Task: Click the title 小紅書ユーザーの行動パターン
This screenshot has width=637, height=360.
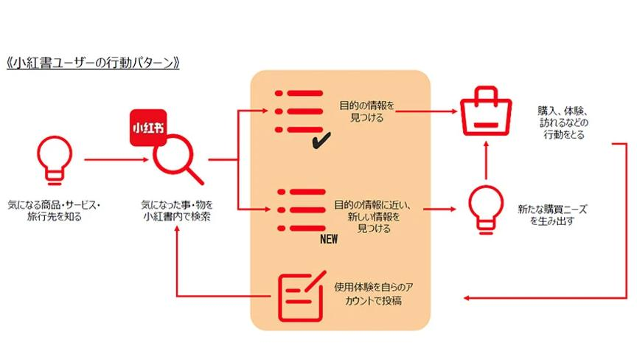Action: pyautogui.click(x=94, y=63)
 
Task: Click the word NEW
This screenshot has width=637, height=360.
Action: pyautogui.click(x=328, y=240)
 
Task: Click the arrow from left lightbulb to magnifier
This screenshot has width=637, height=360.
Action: pyautogui.click(x=111, y=158)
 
